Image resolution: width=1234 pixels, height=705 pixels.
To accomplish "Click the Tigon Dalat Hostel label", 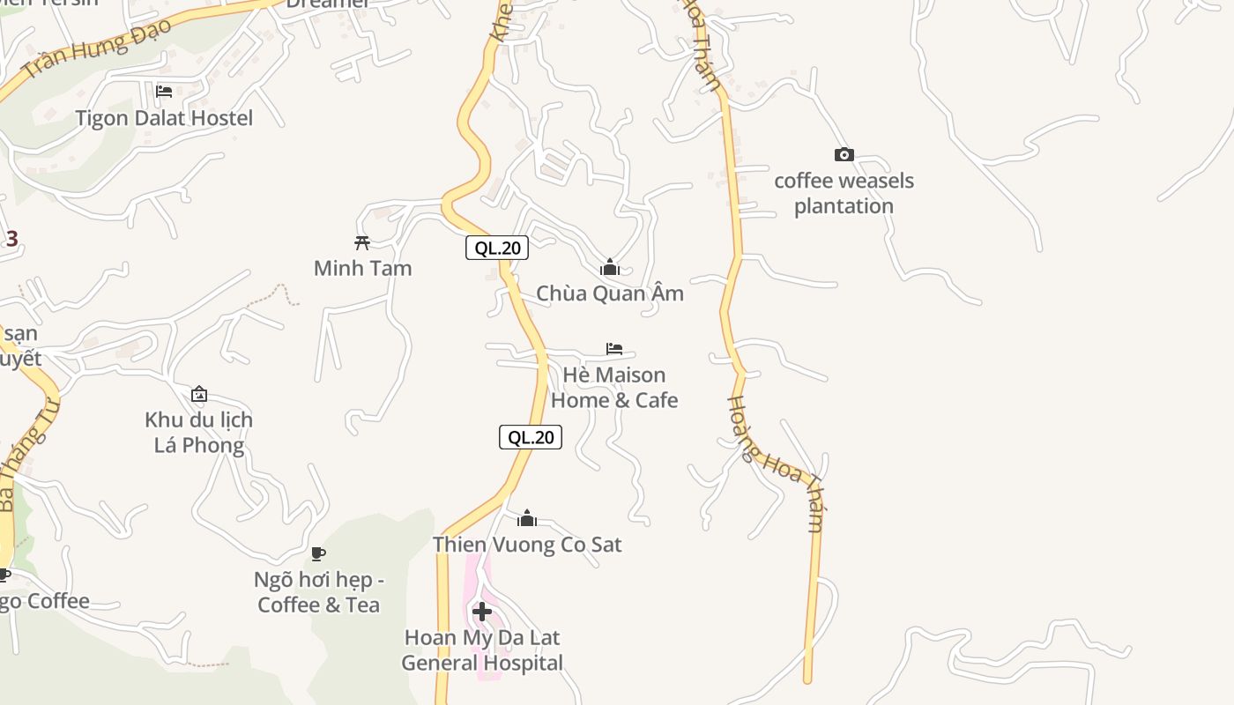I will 164,118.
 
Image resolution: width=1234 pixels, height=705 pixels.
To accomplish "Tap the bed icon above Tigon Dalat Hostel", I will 164,92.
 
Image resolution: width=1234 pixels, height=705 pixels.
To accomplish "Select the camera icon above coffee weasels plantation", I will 844,155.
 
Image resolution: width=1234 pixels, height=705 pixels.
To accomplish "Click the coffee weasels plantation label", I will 844,193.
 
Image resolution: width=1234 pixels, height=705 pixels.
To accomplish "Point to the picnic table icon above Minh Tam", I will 362,242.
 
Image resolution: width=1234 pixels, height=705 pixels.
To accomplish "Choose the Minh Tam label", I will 362,268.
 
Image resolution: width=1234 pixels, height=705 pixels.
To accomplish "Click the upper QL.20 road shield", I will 497,249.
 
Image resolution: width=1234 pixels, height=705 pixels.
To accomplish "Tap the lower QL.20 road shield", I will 531,437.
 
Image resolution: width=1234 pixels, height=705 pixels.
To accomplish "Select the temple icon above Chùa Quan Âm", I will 609,267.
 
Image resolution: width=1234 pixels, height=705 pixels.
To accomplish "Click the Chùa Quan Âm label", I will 610,293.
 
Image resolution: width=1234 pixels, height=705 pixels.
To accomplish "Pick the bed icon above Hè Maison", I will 614,349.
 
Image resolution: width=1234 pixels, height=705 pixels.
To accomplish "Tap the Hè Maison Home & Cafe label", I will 614,388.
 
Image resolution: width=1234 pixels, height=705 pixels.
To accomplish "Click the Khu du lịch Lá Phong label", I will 199,432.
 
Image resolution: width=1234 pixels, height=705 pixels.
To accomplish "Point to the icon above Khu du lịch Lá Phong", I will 199,394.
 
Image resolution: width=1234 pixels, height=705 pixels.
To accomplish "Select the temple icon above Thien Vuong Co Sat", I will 527,518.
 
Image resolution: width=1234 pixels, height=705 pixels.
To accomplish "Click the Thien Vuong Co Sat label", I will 527,545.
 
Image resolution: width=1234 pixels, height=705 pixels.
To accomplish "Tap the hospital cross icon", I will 482,612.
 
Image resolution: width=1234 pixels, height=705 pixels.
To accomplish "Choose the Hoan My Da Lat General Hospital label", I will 482,649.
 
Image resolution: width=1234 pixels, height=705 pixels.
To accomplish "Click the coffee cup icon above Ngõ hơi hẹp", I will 318,553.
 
